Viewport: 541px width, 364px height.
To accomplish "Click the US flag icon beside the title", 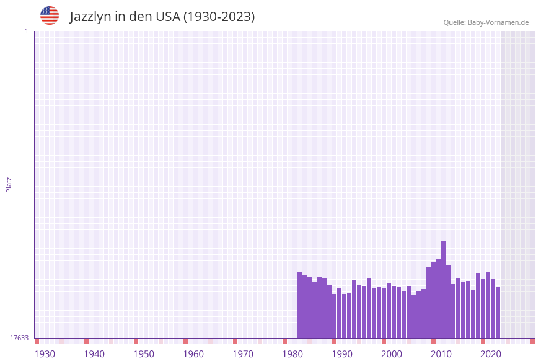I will [x=50, y=16].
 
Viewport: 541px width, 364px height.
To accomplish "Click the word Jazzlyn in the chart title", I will [x=90, y=17].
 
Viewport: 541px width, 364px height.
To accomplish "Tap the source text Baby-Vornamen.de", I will [x=498, y=22].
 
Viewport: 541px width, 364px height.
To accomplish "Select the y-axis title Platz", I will [x=9, y=184].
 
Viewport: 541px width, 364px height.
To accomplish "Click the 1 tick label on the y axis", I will [x=26, y=31].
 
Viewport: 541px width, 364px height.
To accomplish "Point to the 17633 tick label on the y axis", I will [x=19, y=338].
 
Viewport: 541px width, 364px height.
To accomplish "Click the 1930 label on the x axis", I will [x=45, y=354].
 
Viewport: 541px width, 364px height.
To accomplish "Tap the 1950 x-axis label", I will [x=144, y=354].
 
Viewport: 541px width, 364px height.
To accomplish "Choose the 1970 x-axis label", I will [x=243, y=354].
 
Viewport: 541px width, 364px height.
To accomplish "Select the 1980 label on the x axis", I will [x=292, y=354].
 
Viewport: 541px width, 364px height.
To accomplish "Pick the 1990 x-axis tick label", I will [x=342, y=354].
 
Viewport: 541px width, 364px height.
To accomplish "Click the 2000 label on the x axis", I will [x=392, y=354].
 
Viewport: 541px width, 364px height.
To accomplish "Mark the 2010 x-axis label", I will [x=441, y=354].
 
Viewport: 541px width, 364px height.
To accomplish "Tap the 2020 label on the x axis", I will [x=491, y=354].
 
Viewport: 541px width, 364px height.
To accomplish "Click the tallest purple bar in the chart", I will [x=443, y=290].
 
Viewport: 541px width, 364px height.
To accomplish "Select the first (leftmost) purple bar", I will [x=299, y=305].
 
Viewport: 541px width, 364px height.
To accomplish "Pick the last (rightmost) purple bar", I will [x=498, y=313].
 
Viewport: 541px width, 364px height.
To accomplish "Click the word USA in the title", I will [x=167, y=17].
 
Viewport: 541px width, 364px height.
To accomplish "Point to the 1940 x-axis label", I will [x=94, y=354].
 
